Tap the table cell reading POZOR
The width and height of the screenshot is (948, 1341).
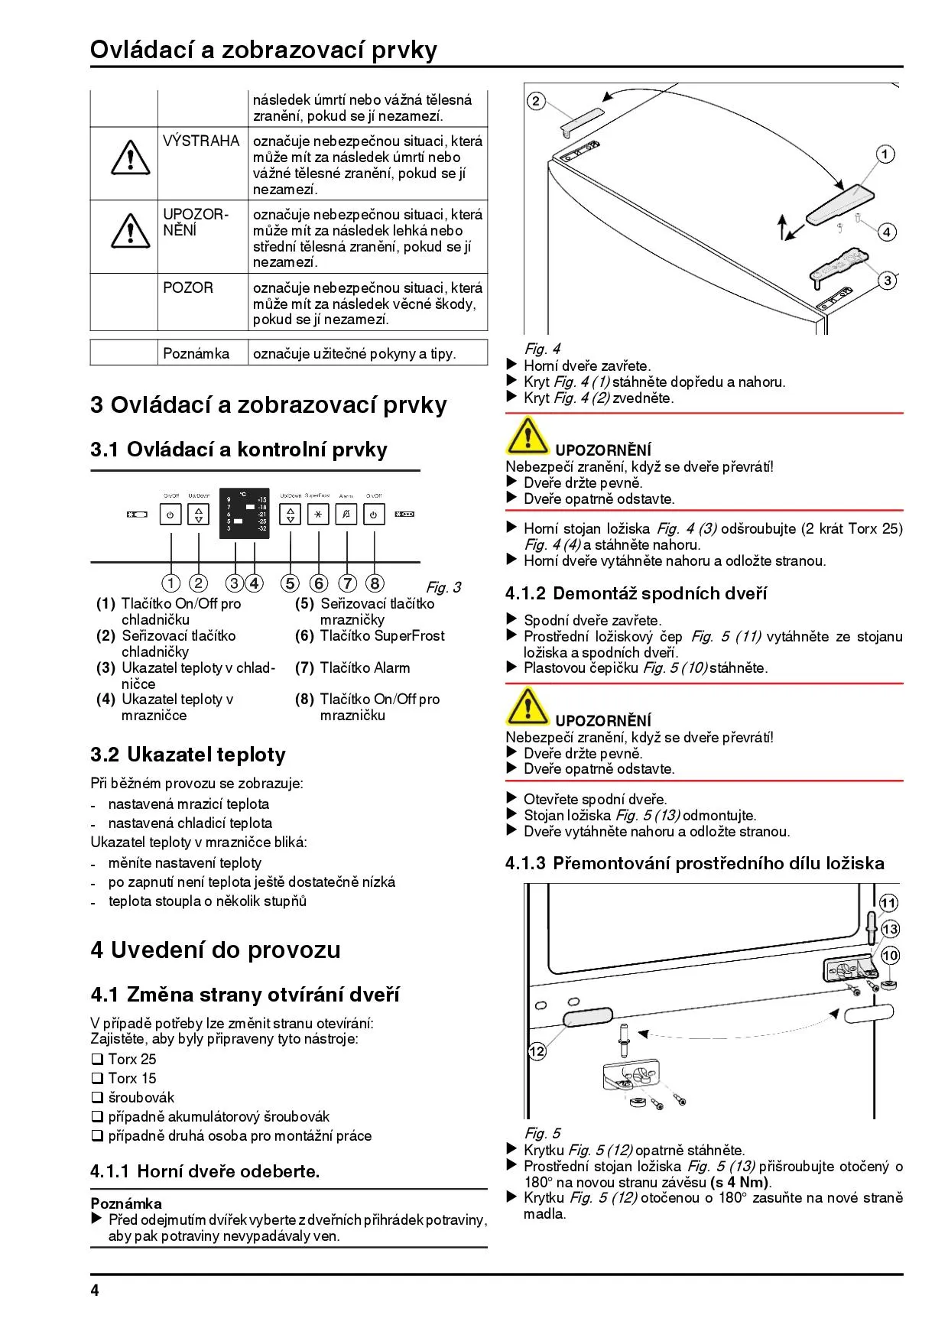point(188,288)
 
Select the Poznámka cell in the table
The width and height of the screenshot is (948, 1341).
point(196,353)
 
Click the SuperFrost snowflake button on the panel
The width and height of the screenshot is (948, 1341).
point(318,515)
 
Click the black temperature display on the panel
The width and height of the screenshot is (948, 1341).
point(245,513)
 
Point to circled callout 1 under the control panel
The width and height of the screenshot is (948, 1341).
point(171,583)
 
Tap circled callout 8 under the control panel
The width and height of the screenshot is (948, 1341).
point(375,583)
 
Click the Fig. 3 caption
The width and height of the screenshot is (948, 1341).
point(443,587)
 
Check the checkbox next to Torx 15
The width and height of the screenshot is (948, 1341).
point(97,1078)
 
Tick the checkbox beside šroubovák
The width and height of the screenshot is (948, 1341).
point(97,1097)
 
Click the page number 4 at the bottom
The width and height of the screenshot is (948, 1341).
point(95,1291)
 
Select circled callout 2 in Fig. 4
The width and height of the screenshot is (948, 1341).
point(536,101)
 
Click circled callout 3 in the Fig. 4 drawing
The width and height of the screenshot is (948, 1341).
point(887,281)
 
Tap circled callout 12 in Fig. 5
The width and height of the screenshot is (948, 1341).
point(537,1051)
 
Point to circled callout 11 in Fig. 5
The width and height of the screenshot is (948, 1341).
point(888,903)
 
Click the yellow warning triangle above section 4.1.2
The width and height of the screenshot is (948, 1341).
point(526,436)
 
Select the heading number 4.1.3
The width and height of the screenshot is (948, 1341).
point(525,863)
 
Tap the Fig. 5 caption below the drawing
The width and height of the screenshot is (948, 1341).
point(542,1133)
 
